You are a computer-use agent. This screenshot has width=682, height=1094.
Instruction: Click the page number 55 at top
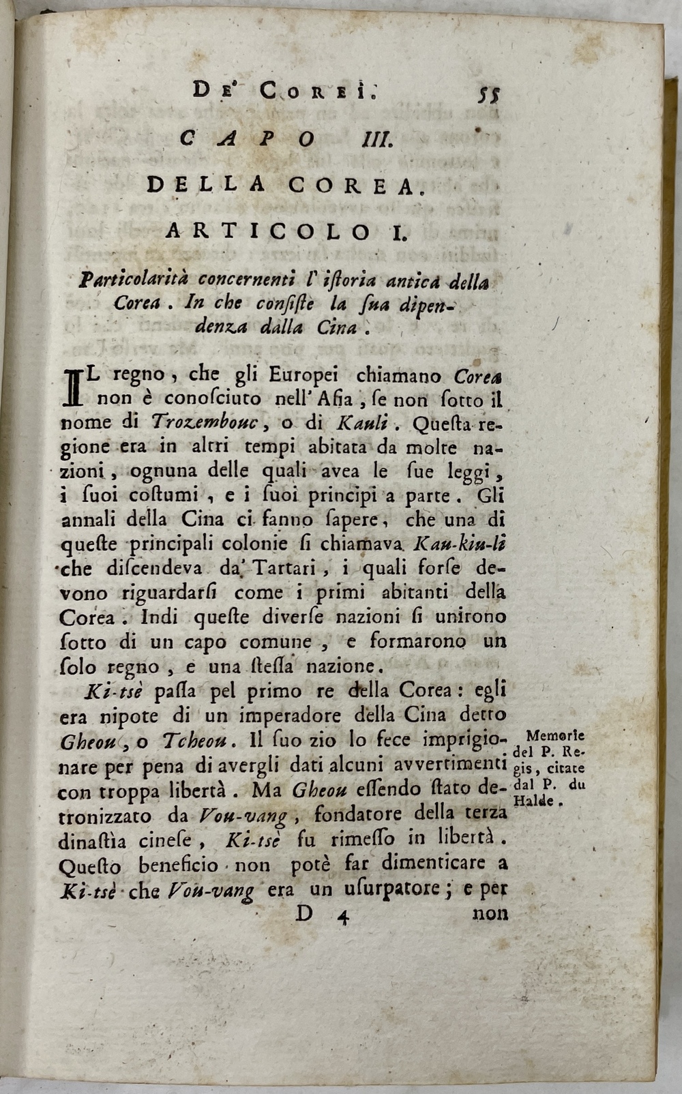tap(489, 93)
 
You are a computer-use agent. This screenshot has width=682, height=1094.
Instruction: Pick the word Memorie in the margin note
tap(557, 737)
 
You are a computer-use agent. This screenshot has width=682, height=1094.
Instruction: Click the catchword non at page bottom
tap(490, 914)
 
